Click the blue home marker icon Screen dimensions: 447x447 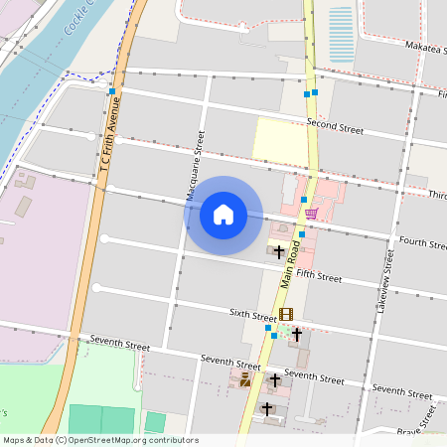(223, 214)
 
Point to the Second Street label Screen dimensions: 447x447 (335, 126)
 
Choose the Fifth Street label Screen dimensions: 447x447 (318, 275)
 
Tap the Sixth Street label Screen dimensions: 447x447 (252, 316)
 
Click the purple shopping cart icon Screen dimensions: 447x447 (311, 214)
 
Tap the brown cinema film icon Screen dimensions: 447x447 (286, 315)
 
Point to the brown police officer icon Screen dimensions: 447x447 (245, 379)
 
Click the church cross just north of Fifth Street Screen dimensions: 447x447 (280, 251)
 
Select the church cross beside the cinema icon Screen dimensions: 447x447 (296, 335)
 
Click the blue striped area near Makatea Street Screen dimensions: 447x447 (341, 35)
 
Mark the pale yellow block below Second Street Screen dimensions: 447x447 (280, 140)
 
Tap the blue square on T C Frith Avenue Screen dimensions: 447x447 (112, 91)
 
